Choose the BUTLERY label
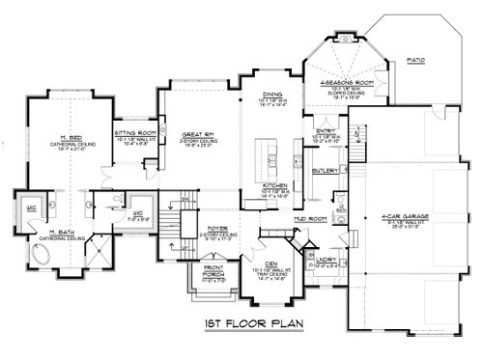click(x=325, y=170)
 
